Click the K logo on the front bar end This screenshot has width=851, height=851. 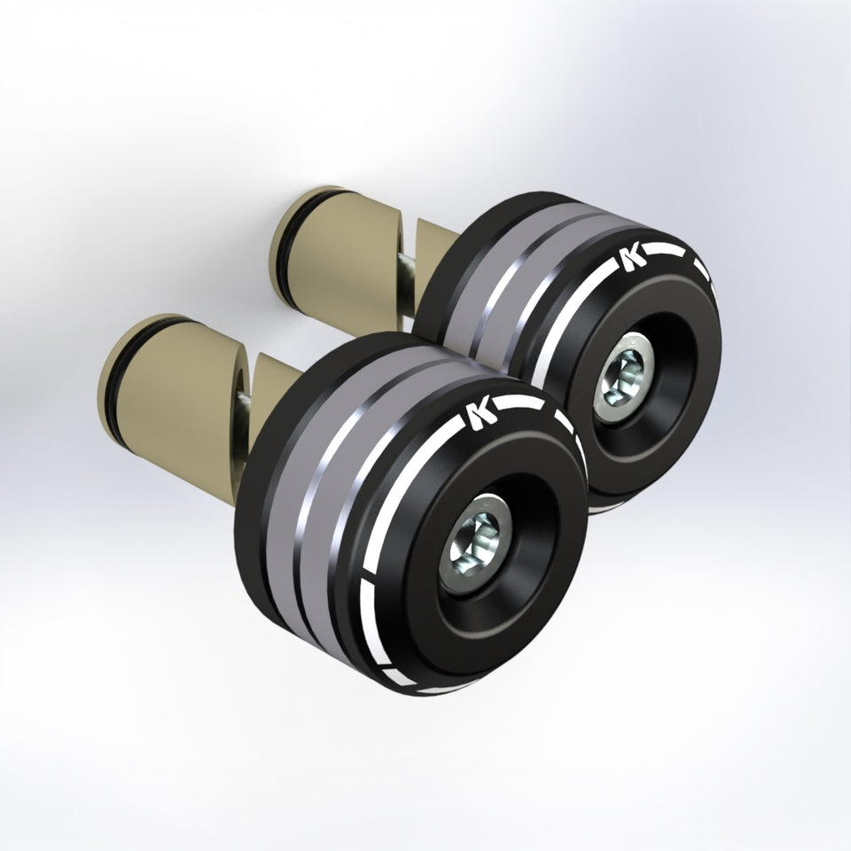[x=481, y=415]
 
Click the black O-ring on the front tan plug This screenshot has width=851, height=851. [x=110, y=380]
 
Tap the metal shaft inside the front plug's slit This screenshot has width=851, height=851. [x=245, y=403]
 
